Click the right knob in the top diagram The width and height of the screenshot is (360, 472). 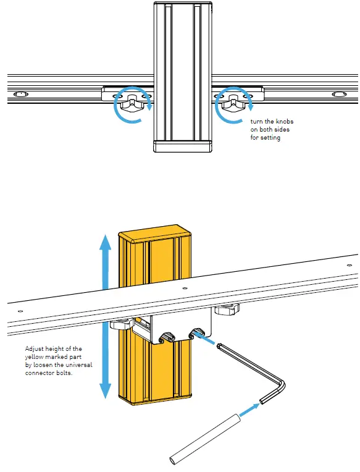pos(233,104)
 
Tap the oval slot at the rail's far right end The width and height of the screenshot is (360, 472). pos(339,95)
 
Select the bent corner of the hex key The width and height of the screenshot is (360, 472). pos(281,384)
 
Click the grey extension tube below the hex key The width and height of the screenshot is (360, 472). pos(203,438)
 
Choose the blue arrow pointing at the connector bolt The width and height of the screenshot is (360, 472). pos(209,340)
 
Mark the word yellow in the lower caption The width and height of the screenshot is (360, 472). pos(35,357)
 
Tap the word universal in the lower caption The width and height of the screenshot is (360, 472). pos(79,365)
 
